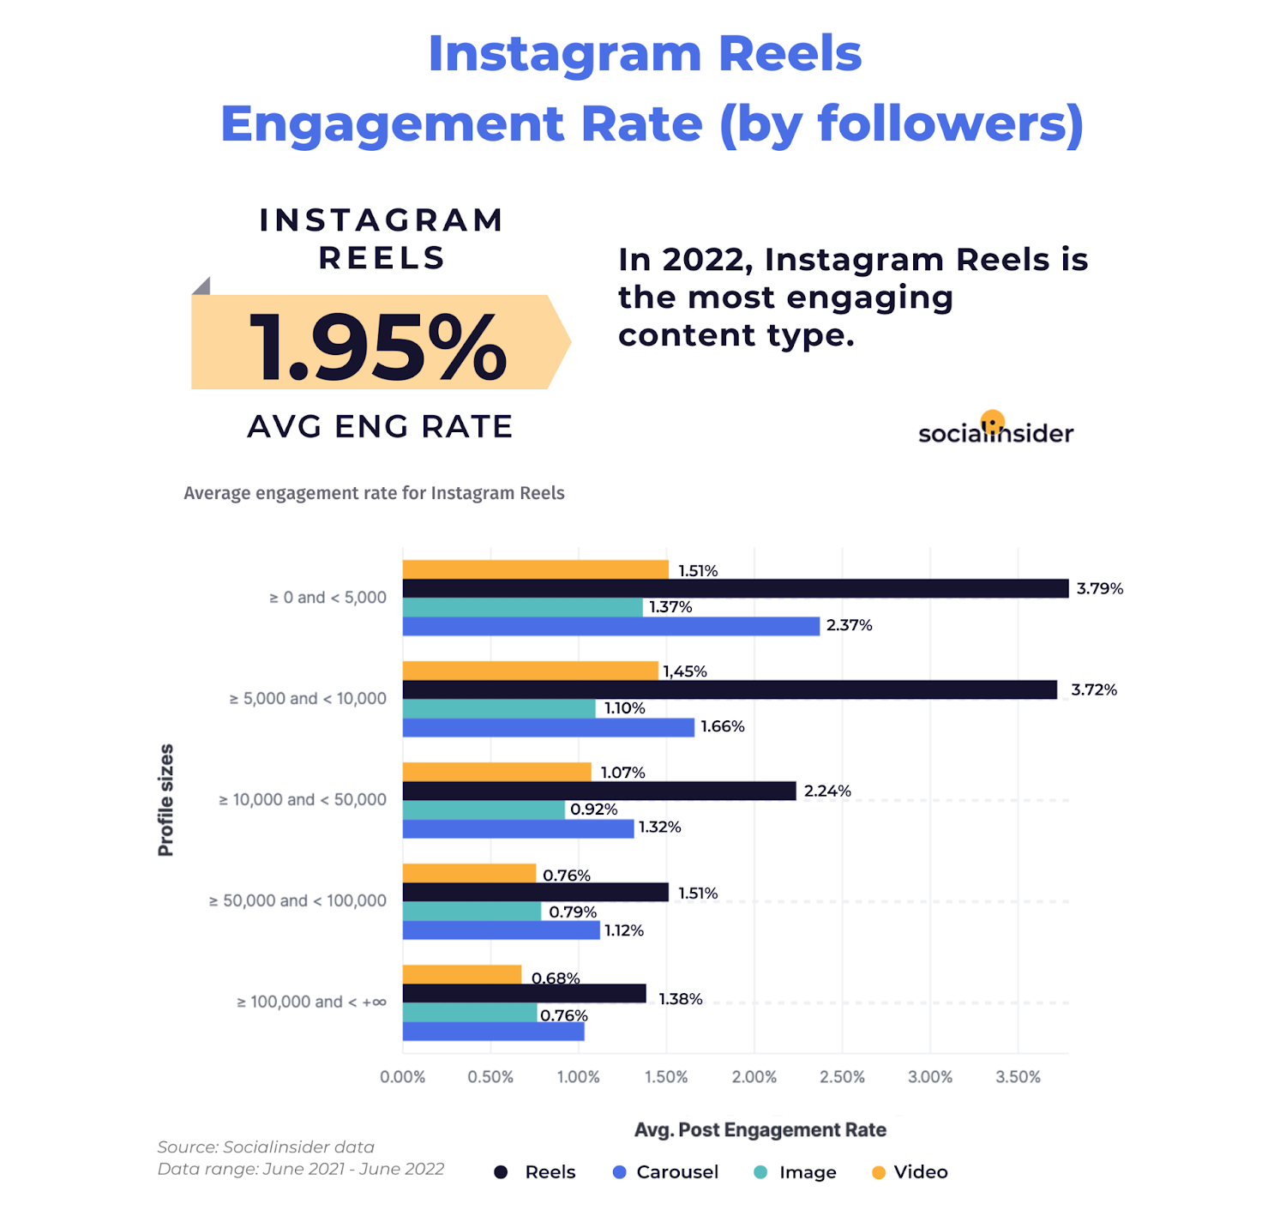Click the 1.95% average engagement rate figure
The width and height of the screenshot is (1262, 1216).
click(x=378, y=346)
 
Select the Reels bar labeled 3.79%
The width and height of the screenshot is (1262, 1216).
click(x=735, y=588)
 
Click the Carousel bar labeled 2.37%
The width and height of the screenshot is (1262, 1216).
click(x=610, y=626)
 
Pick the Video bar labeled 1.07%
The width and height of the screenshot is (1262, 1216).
click(x=496, y=772)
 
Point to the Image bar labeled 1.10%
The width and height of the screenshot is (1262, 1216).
click(x=499, y=708)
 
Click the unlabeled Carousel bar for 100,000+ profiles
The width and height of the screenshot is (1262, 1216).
click(x=493, y=1032)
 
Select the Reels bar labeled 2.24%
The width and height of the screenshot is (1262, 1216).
click(x=598, y=791)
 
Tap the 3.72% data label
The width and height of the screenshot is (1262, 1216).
click(x=1093, y=690)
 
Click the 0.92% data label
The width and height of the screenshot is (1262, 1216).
click(x=593, y=810)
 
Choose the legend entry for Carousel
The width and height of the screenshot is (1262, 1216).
click(x=666, y=1172)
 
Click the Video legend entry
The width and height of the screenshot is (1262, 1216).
click(x=910, y=1172)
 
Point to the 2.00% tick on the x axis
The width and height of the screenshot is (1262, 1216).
click(x=754, y=1077)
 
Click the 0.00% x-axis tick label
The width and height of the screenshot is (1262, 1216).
click(x=402, y=1077)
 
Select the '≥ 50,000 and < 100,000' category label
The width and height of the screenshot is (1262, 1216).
click(x=297, y=901)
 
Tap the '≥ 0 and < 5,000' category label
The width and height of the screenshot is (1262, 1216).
click(x=328, y=598)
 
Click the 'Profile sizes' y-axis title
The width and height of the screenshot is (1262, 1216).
click(x=165, y=800)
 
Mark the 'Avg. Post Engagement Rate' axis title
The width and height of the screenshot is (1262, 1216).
click(x=760, y=1130)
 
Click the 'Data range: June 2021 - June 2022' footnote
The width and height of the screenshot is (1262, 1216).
click(x=300, y=1169)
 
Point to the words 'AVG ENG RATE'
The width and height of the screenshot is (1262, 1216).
click(x=380, y=427)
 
